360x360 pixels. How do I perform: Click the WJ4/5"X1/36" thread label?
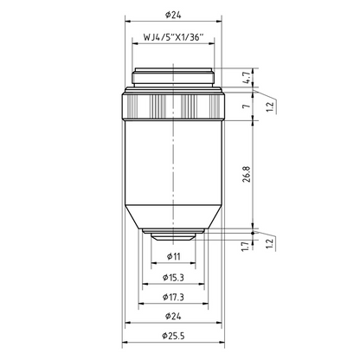173,37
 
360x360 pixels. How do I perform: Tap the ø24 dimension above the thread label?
173,15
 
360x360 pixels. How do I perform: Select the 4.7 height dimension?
246,78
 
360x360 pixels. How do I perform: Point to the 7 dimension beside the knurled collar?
246,106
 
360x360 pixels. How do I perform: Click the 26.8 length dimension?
247,174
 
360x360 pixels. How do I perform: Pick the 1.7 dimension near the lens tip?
245,247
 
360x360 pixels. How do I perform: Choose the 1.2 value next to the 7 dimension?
269,107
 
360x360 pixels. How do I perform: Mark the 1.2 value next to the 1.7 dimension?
269,244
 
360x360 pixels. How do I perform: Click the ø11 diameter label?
174,256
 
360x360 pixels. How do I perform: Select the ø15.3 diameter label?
173,278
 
